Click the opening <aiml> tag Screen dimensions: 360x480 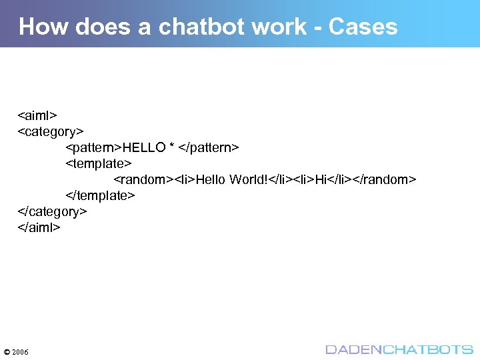click(37, 114)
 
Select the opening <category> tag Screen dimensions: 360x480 click(50, 130)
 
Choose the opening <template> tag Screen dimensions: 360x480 click(99, 163)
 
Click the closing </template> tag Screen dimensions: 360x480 click(101, 195)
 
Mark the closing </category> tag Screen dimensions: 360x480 click(52, 211)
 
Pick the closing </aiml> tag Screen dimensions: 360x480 click(39, 227)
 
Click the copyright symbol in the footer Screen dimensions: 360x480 click(7, 351)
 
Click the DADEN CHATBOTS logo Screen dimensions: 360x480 click(399, 349)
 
